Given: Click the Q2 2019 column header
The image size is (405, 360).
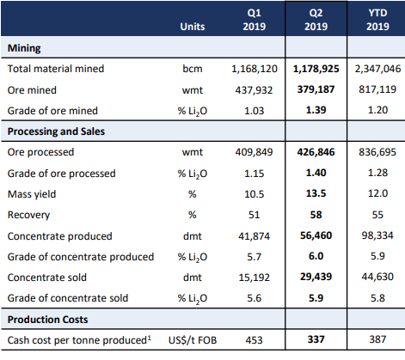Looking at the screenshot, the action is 316,20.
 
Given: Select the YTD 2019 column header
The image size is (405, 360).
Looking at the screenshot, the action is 377,20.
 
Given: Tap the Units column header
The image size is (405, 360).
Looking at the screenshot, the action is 193,27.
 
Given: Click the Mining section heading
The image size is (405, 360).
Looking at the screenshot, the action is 24,48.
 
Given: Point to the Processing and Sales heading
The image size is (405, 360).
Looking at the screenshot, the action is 56,131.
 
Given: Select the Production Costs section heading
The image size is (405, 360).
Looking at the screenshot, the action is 47,320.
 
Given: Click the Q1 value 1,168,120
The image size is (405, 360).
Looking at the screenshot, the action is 255,69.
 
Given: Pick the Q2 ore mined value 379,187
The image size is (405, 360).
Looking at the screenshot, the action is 316,89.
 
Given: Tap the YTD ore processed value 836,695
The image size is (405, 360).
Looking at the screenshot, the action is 377,152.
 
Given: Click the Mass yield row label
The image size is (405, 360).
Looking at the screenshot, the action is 32,194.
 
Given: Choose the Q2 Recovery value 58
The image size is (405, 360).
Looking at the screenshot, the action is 316,215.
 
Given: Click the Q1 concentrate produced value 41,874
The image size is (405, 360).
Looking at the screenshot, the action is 254,236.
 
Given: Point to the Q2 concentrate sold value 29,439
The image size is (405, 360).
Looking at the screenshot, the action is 316,277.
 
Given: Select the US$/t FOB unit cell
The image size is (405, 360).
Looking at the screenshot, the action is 193,340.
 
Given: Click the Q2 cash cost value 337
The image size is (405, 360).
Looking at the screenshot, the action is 316,339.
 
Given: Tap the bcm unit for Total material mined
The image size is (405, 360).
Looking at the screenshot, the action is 193,69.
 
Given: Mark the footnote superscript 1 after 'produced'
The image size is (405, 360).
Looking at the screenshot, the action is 149,338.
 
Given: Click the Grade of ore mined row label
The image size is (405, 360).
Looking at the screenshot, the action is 52,111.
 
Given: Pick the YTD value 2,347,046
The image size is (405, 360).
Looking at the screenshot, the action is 377,69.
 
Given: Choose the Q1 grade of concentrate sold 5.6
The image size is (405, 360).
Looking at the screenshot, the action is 254,298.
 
